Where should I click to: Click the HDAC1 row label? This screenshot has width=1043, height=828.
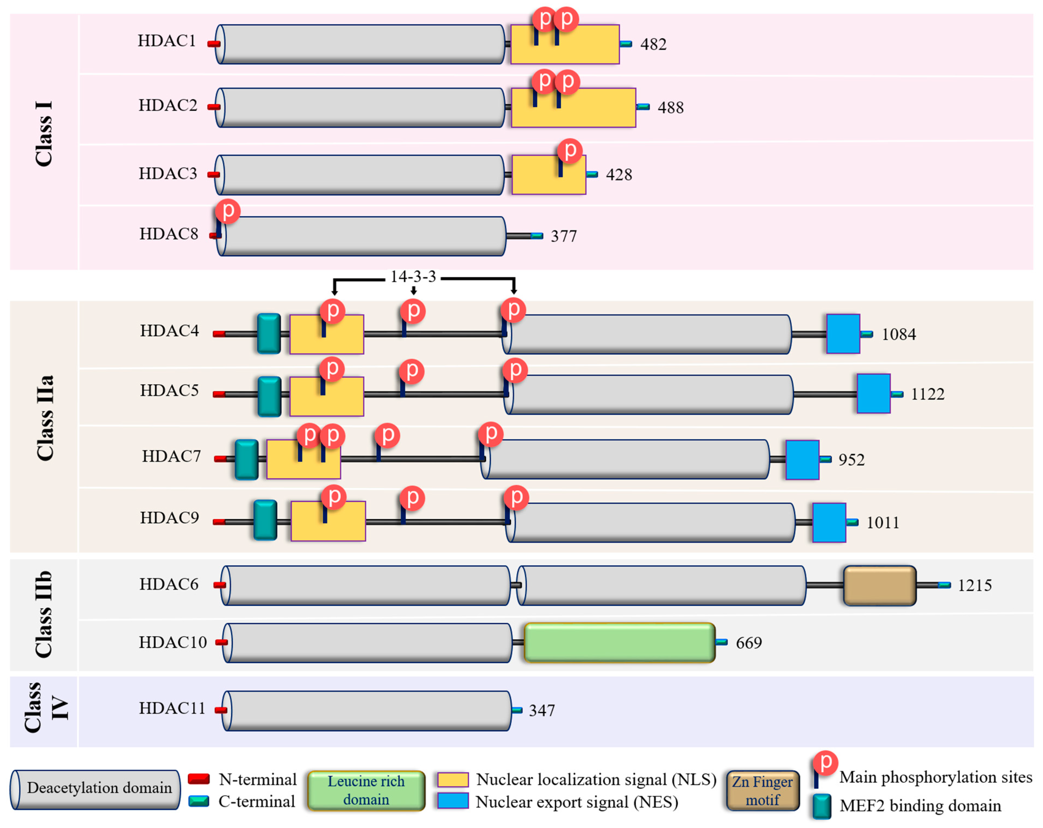tap(166, 41)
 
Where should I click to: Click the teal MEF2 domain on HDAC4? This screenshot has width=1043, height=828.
tap(268, 334)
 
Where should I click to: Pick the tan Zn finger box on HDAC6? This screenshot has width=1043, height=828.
tap(879, 585)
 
